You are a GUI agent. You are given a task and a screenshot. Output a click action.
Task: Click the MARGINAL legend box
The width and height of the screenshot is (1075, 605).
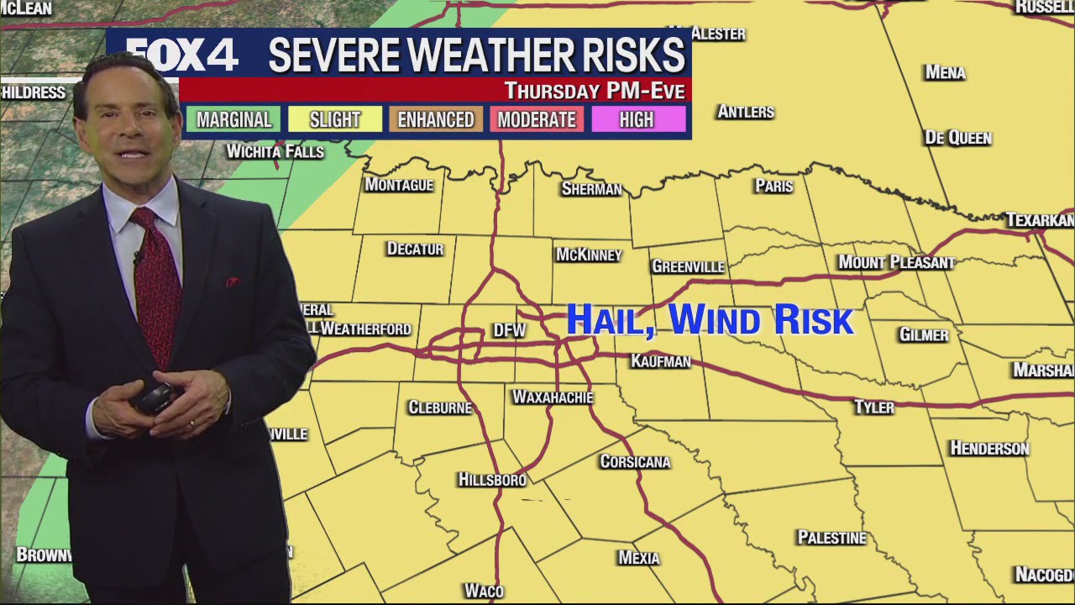coord(233,119)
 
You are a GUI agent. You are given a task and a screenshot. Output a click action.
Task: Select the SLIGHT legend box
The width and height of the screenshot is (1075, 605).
coord(334,119)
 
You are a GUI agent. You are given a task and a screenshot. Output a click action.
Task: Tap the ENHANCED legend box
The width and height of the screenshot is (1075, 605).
coord(436,119)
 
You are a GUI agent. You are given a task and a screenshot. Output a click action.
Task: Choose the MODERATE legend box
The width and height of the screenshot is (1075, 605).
coord(537,119)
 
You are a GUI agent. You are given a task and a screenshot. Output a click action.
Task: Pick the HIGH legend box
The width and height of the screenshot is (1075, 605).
coord(637,119)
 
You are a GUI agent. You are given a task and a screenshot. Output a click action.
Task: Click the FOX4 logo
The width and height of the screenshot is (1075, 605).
coord(183,55)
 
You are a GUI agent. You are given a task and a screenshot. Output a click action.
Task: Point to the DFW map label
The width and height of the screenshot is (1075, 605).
coord(509,330)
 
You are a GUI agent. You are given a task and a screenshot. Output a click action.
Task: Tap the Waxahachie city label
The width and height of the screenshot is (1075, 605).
coord(553,397)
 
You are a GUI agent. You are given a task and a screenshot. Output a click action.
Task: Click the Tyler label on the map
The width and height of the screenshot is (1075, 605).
coord(874,407)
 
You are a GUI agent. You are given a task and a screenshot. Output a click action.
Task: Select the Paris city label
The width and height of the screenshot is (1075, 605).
coord(773,186)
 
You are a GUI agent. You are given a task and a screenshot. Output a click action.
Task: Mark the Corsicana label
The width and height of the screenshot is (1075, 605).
coord(635,461)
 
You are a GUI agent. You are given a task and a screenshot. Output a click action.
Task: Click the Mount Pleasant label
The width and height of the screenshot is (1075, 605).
coord(896,262)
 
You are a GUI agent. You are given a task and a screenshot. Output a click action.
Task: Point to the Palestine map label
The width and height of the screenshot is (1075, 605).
coord(831,537)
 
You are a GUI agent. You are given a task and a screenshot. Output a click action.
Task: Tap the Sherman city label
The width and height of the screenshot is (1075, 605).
coord(591,188)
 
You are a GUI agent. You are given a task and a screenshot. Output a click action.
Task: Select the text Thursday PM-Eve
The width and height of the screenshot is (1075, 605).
coord(594,90)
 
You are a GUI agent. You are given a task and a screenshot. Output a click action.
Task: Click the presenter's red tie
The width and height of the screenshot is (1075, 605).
coord(156,286)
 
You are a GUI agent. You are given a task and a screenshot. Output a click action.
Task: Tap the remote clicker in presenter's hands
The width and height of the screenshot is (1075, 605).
coord(156,395)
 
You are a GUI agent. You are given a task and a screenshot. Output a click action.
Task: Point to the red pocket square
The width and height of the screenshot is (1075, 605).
coord(232,281)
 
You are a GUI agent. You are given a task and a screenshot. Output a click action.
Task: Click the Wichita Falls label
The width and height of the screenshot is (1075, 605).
coord(275,151)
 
